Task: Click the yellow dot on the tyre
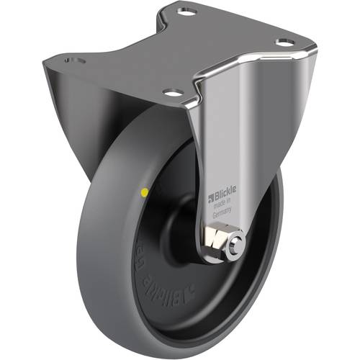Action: coord(147,192)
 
